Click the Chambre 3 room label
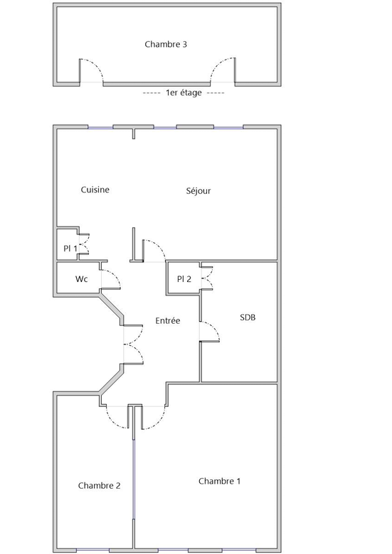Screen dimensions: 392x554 tap(166, 45)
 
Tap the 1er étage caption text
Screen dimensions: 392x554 tap(184, 92)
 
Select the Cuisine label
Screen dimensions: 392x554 tap(95, 190)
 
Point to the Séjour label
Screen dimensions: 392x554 tap(198, 191)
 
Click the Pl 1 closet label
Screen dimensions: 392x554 tap(70, 249)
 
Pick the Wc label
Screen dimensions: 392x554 tap(81, 279)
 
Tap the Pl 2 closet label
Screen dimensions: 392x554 tap(184, 279)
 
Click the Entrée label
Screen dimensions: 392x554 tap(168, 321)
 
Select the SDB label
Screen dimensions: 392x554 tap(248, 317)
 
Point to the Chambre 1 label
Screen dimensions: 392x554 tap(219, 482)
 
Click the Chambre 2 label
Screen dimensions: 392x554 tap(99, 486)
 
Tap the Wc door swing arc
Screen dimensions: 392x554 tap(115, 276)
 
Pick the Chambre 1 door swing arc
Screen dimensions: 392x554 tap(159, 422)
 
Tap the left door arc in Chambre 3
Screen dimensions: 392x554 tap(97, 65)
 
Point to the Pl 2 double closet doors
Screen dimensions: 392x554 tap(207, 278)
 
